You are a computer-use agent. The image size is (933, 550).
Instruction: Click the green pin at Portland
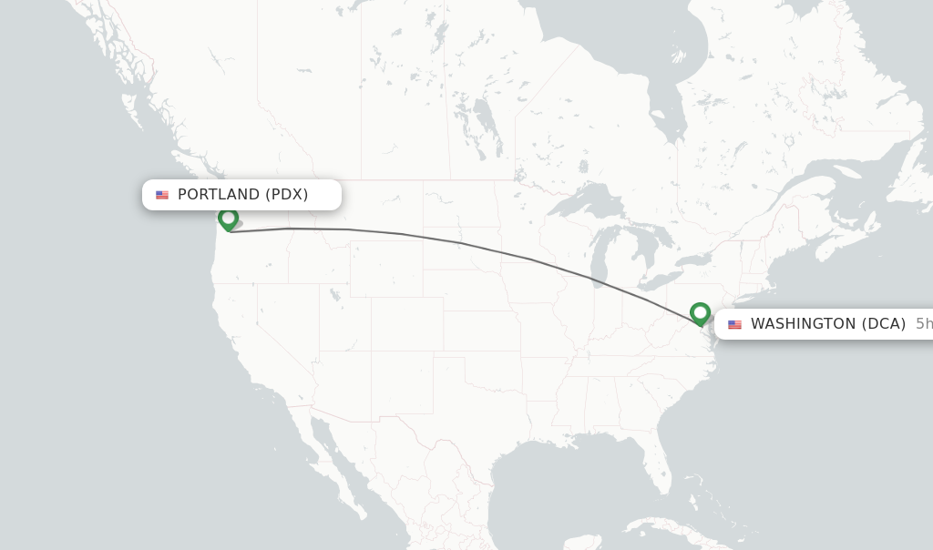click(x=228, y=219)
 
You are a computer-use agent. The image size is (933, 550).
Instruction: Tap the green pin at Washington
click(x=700, y=313)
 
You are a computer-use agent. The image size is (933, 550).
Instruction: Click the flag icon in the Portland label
click(x=162, y=195)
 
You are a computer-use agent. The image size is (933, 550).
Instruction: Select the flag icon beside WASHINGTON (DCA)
click(x=734, y=324)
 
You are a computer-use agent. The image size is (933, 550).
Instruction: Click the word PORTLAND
click(x=219, y=195)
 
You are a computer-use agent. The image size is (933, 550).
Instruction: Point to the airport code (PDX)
click(x=287, y=195)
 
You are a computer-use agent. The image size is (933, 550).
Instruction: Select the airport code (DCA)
click(x=884, y=324)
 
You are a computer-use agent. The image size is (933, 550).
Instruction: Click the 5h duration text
click(x=923, y=324)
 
